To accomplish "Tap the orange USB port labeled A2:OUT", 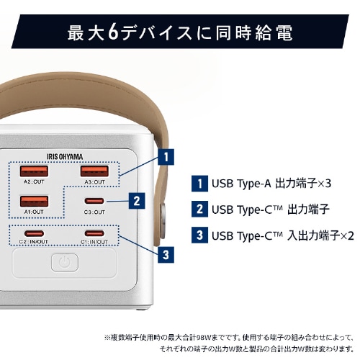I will tap(35, 171).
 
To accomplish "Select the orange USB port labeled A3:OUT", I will tap(94, 171).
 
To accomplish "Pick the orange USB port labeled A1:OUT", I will tap(35, 202).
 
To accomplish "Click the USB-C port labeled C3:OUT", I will tap(94, 202).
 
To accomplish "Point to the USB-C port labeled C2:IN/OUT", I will tap(34, 233).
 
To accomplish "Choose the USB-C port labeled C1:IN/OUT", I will tap(94, 233).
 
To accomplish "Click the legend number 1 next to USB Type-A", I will tap(197, 183).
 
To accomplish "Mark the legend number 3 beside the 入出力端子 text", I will tap(197, 235).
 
